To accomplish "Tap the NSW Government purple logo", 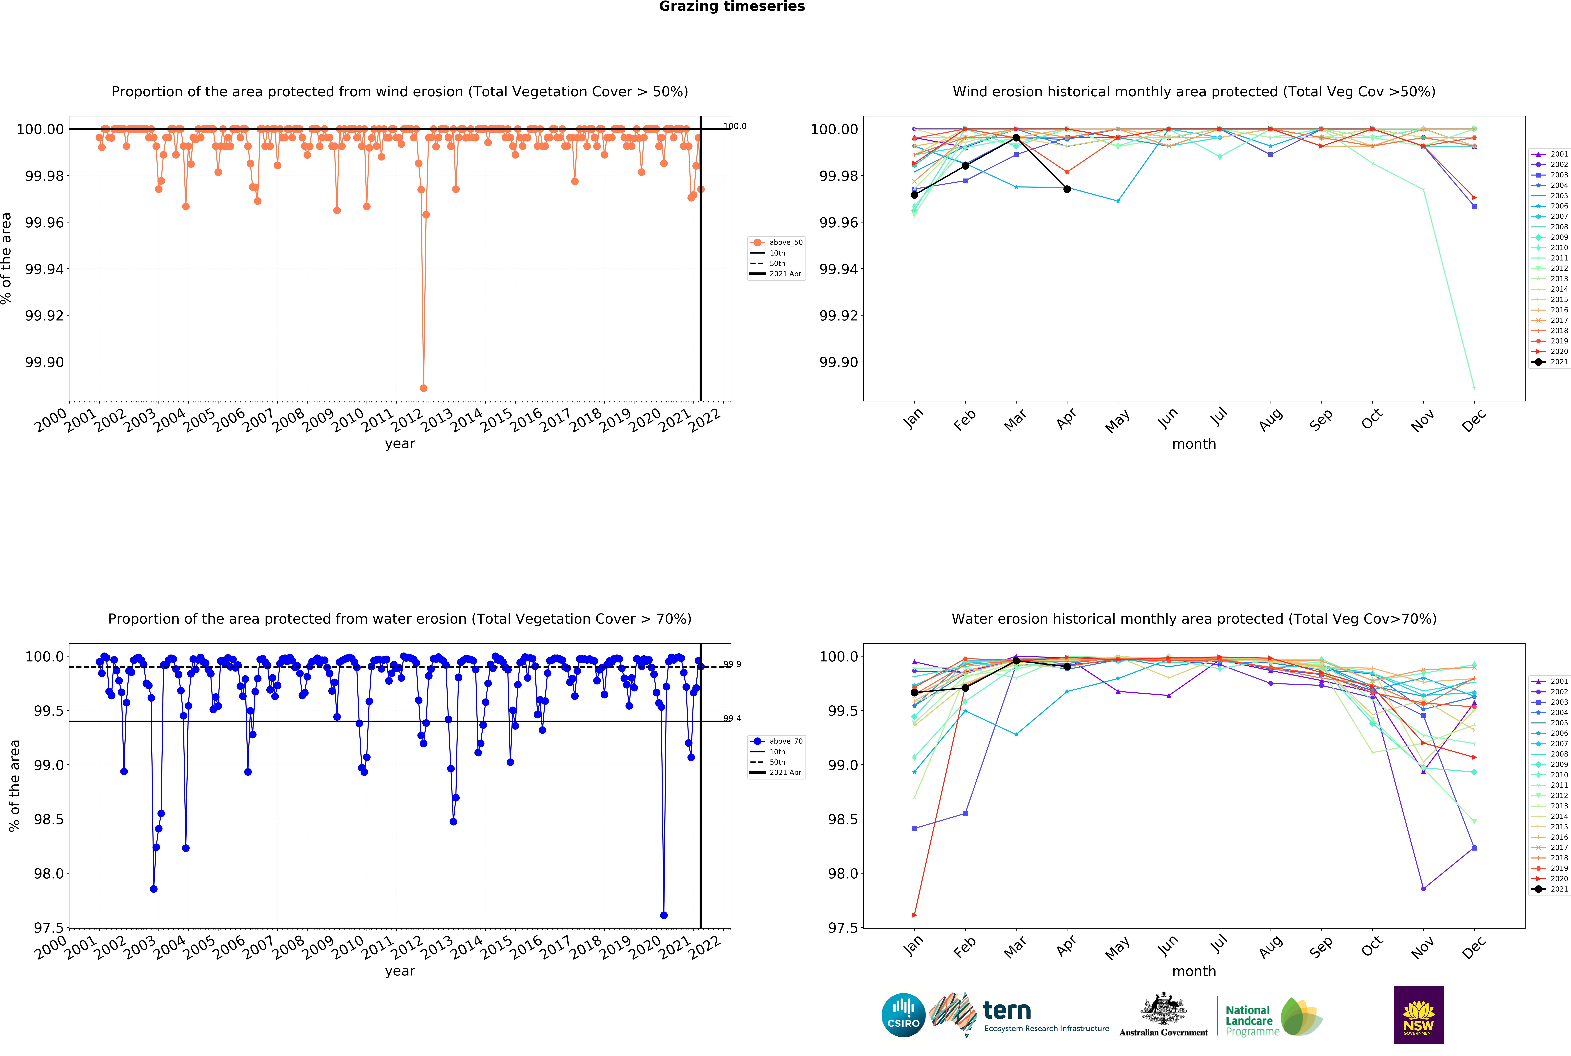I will click(x=1418, y=1015).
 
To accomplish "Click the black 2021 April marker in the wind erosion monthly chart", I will click(x=1067, y=189).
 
